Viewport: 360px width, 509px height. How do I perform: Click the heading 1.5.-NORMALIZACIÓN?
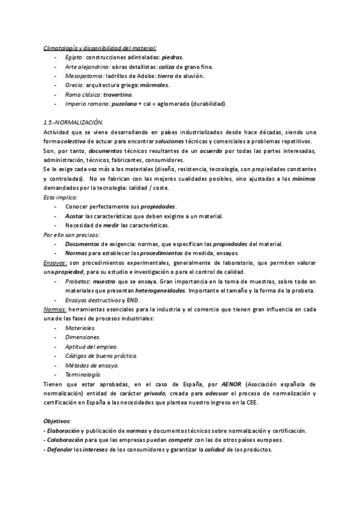point(74,122)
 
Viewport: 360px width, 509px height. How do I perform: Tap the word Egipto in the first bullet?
point(75,56)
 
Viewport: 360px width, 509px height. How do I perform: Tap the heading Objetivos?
point(58,421)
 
